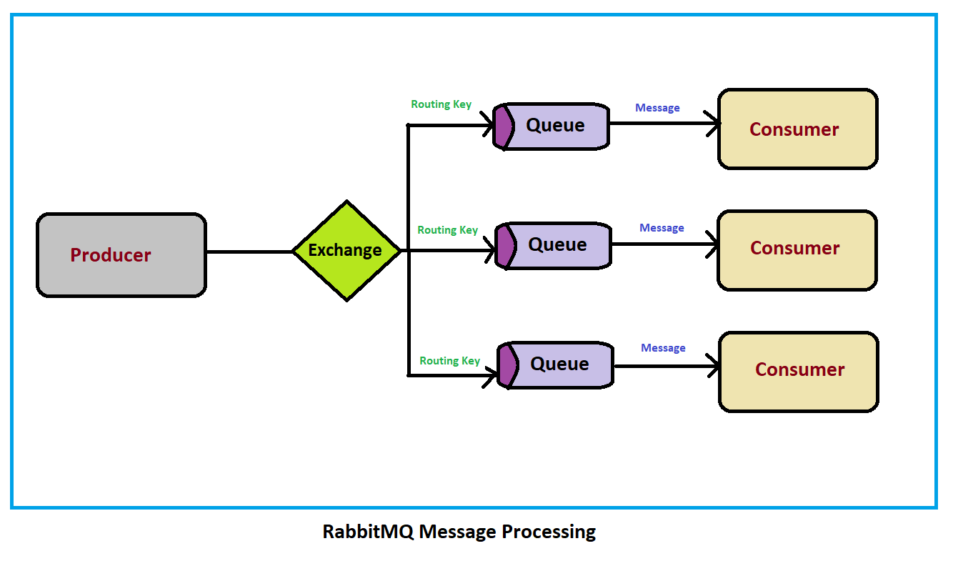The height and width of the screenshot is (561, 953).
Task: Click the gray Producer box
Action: coord(121,254)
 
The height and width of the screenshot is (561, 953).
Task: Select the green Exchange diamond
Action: coord(346,251)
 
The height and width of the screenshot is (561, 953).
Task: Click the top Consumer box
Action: coord(797,129)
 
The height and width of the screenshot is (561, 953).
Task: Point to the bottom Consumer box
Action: coord(799,371)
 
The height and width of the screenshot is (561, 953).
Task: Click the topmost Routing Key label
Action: coord(441,104)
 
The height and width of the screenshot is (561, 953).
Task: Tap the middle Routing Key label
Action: coord(447,230)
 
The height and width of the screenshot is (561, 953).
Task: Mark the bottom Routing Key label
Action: coord(449,361)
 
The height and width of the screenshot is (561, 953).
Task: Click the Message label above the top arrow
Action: coord(657,108)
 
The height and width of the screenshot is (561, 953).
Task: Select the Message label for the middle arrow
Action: coord(662,228)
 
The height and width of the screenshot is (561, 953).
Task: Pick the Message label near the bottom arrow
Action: coord(663,348)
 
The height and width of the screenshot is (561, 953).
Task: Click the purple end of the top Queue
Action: coord(503,126)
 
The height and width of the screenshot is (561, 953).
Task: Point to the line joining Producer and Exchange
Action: coord(249,252)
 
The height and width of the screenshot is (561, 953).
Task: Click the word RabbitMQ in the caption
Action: coord(368,532)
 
